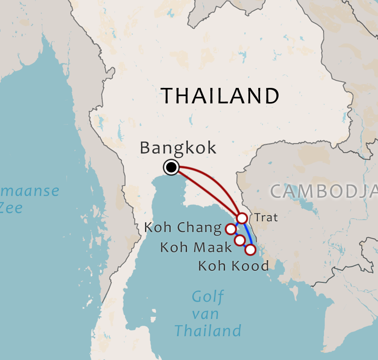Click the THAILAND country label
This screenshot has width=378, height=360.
pos(220,96)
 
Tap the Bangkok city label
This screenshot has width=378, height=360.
pos(178,148)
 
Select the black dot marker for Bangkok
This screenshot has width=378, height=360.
pos(171,167)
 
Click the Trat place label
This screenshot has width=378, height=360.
pos(266,217)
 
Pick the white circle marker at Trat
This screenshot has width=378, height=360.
pos(242,218)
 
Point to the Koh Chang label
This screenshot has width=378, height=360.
pos(183,228)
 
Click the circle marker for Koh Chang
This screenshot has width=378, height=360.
pos(230,229)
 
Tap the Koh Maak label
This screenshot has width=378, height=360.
pos(196,247)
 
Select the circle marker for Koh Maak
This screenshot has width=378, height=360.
pos(240,240)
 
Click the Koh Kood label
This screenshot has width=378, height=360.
pos(233,266)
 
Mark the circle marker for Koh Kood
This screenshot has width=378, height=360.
pos(250,250)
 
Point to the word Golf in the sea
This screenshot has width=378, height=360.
pos(208,297)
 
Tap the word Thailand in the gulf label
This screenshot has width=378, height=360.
pos(208,330)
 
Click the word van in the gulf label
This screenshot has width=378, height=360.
pos(206,314)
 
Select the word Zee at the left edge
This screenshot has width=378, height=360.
pos(11,208)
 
